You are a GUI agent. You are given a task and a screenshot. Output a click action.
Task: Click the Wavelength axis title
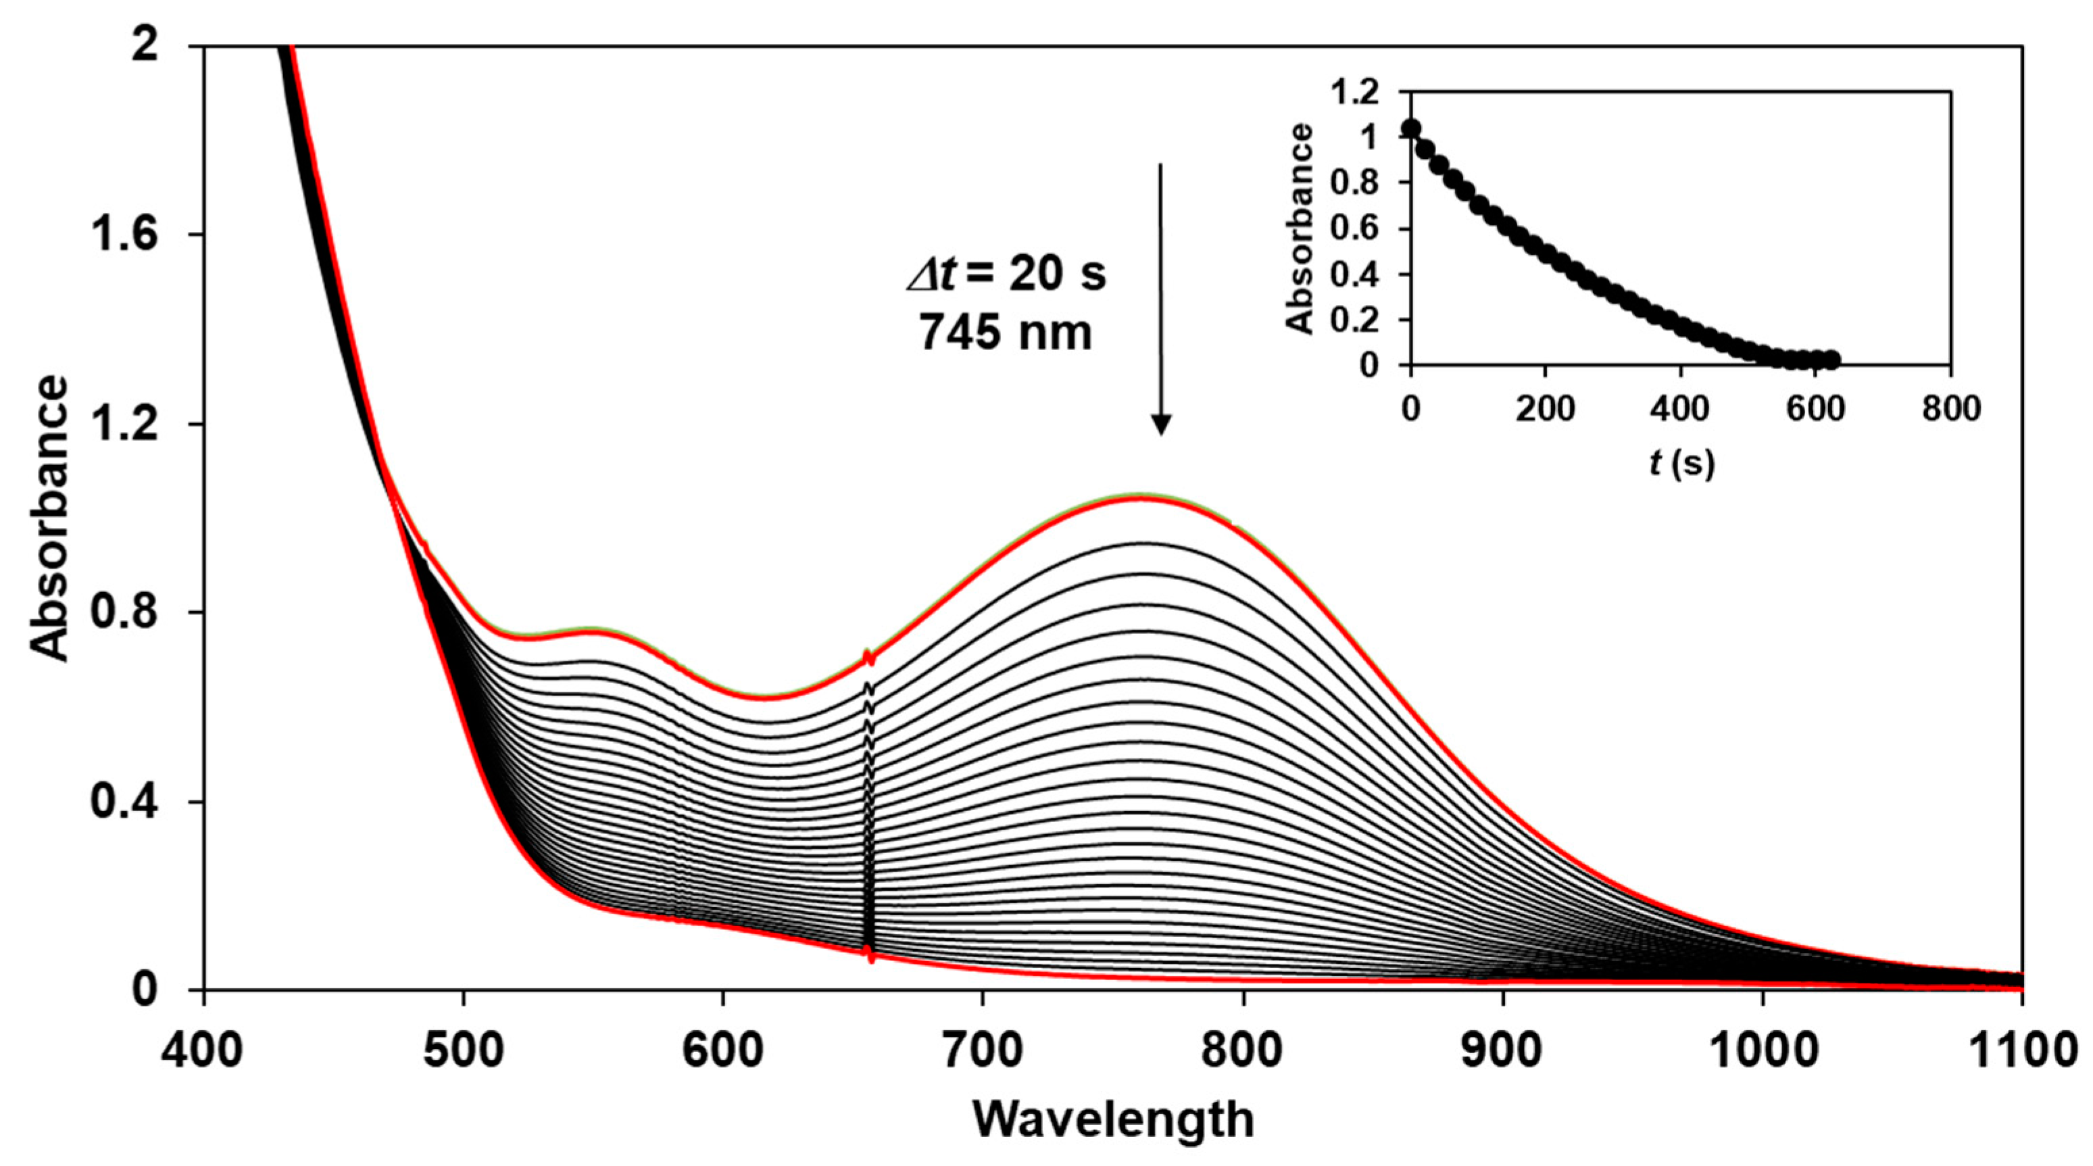pos(1114,1119)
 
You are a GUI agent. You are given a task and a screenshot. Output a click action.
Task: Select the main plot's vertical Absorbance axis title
pos(51,518)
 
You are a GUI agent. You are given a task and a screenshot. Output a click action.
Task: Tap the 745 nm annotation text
pos(1006,333)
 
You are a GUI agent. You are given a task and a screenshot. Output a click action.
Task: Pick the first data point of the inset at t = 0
pos(1411,128)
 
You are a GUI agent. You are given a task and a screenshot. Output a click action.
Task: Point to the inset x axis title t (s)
pos(1681,464)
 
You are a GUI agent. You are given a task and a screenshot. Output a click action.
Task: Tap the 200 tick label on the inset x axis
pos(1546,409)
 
